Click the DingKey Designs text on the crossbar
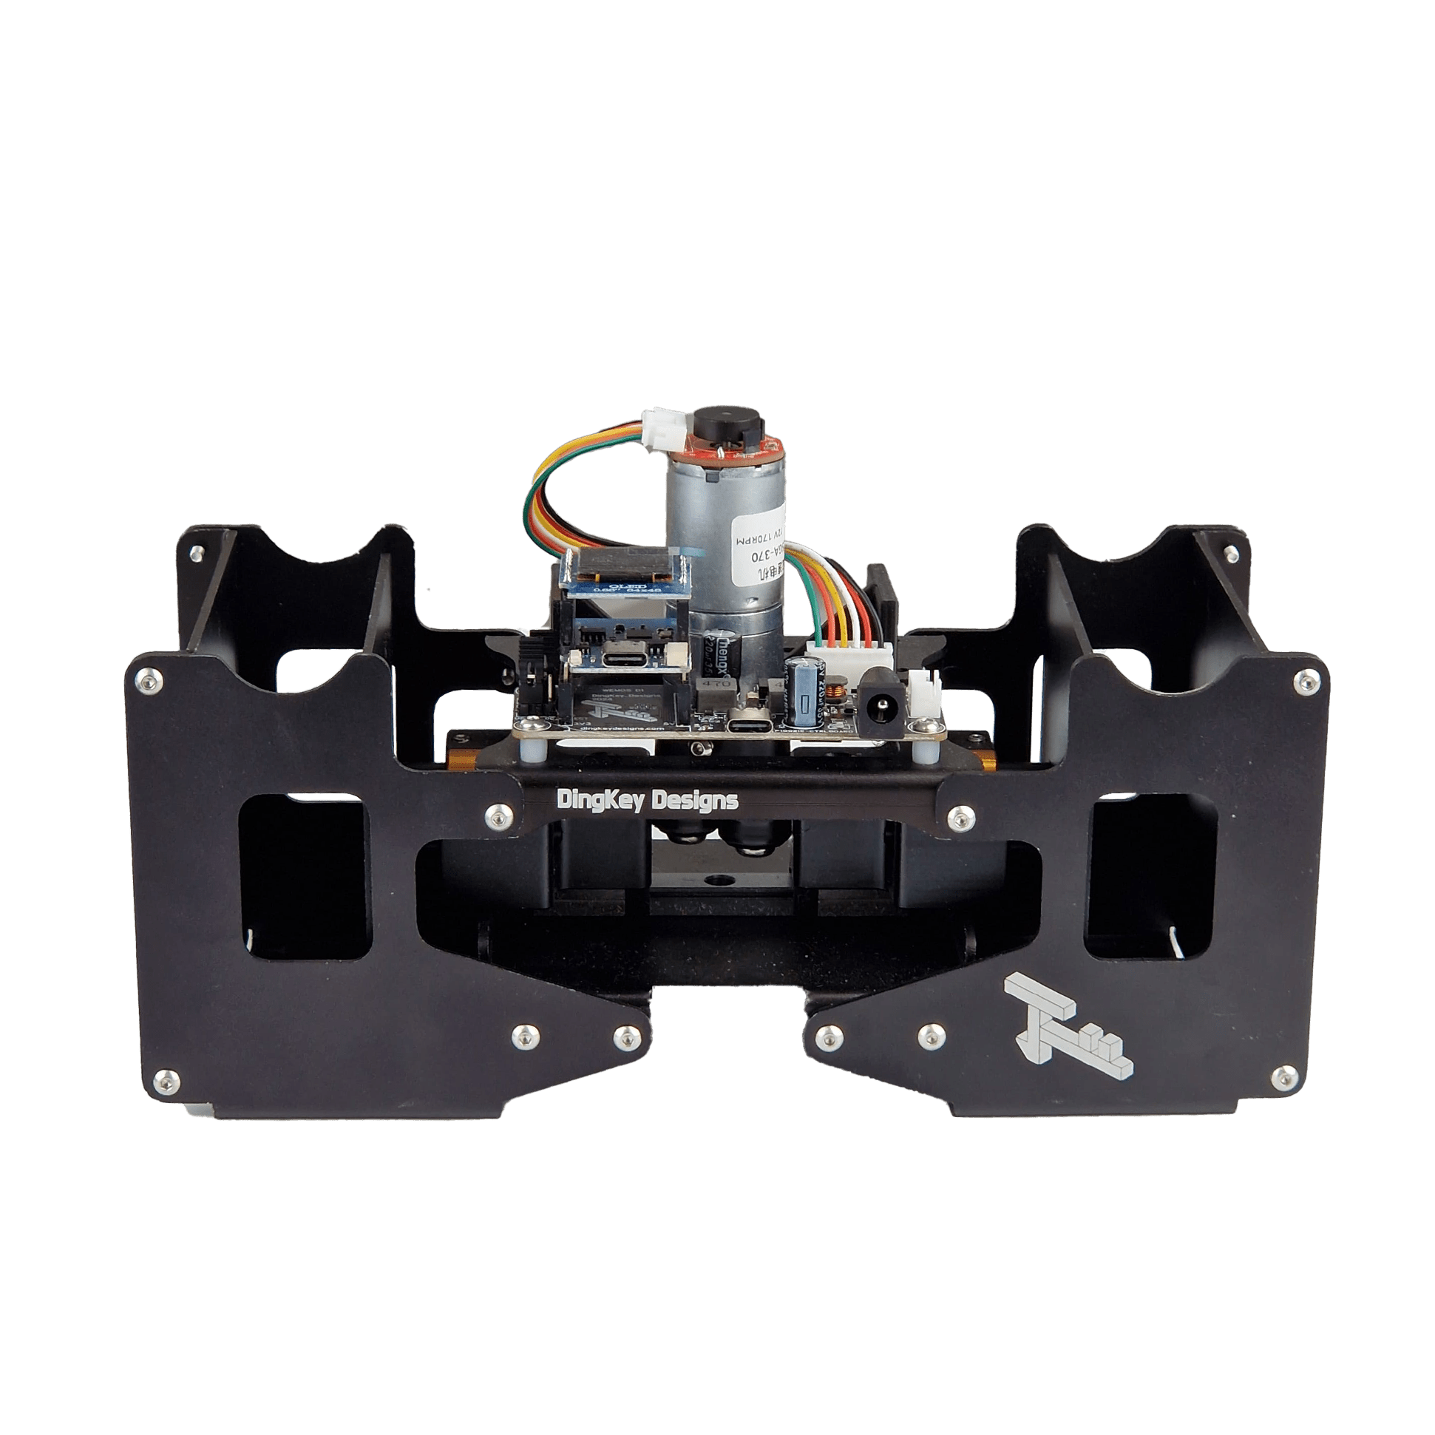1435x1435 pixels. pos(647,801)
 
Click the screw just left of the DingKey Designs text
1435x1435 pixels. pos(496,816)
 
